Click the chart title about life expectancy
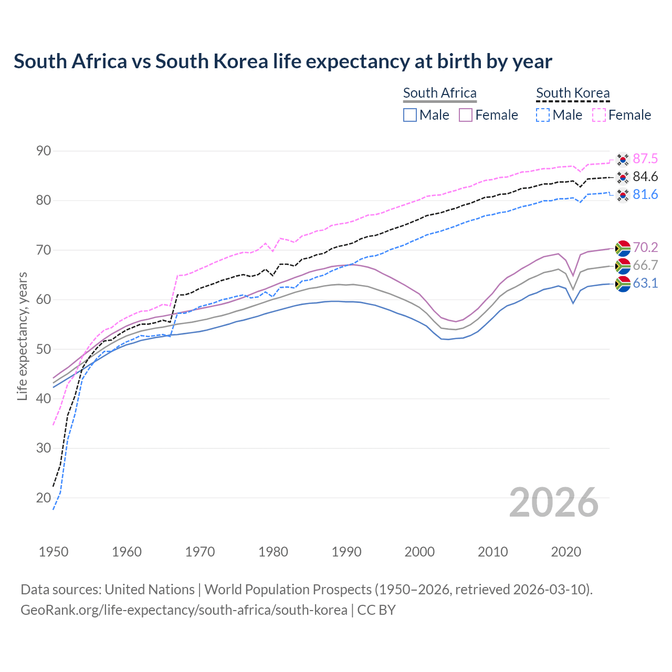[282, 61]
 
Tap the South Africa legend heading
[439, 93]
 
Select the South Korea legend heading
[573, 93]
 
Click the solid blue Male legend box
[410, 115]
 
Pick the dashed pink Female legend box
[599, 115]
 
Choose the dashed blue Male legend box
[543, 115]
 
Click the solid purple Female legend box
[466, 115]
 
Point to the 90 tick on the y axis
[44, 151]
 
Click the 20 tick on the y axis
[44, 498]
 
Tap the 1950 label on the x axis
[54, 552]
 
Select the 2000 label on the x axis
[419, 552]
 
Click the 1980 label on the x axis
[273, 552]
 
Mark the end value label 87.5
[645, 159]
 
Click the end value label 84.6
[645, 177]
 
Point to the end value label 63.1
[645, 283]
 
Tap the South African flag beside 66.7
[623, 266]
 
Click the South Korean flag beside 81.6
[623, 195]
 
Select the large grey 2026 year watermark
[554, 502]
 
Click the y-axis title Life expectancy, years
[23, 336]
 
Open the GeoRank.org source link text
[184, 610]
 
